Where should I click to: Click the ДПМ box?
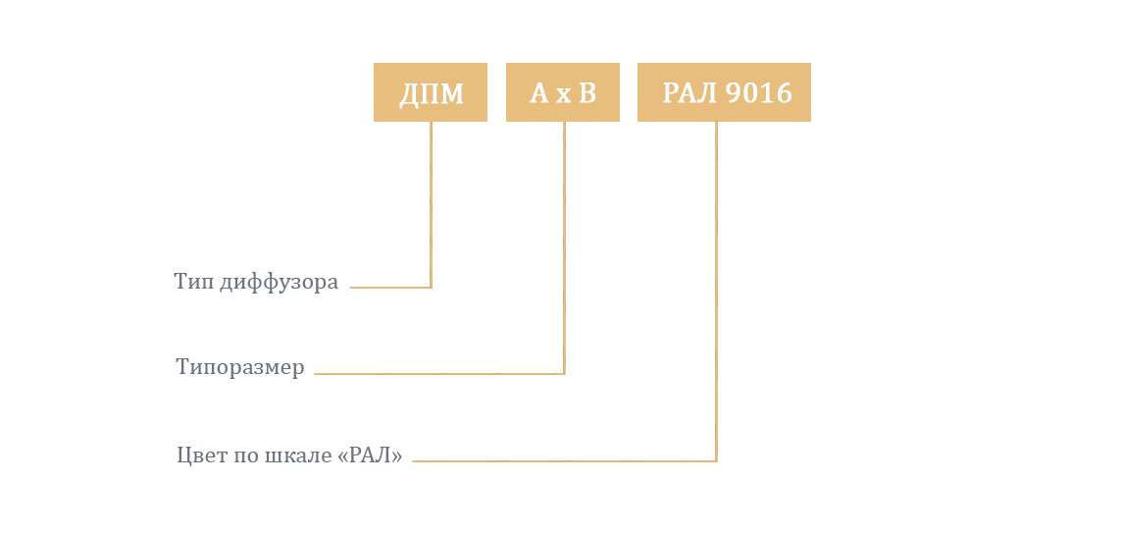click(x=430, y=92)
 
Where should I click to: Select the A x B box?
click(x=562, y=92)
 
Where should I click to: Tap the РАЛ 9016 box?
click(x=724, y=92)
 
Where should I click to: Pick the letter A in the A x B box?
click(x=538, y=93)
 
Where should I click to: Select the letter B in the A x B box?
click(x=586, y=93)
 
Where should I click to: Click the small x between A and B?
click(x=563, y=95)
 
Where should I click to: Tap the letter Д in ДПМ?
click(x=409, y=95)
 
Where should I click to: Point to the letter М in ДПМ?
click(x=452, y=95)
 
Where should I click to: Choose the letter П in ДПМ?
click(x=430, y=95)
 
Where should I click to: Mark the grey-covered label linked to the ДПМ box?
click(x=258, y=283)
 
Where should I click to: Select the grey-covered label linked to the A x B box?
click(x=242, y=368)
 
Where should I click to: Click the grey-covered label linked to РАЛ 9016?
click(x=289, y=455)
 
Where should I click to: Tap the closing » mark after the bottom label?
click(x=397, y=455)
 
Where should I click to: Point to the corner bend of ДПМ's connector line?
click(x=431, y=287)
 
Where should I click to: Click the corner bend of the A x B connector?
click(x=564, y=373)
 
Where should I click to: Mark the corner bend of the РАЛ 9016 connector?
click(x=716, y=459)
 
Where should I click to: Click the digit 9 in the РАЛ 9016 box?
click(x=736, y=93)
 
